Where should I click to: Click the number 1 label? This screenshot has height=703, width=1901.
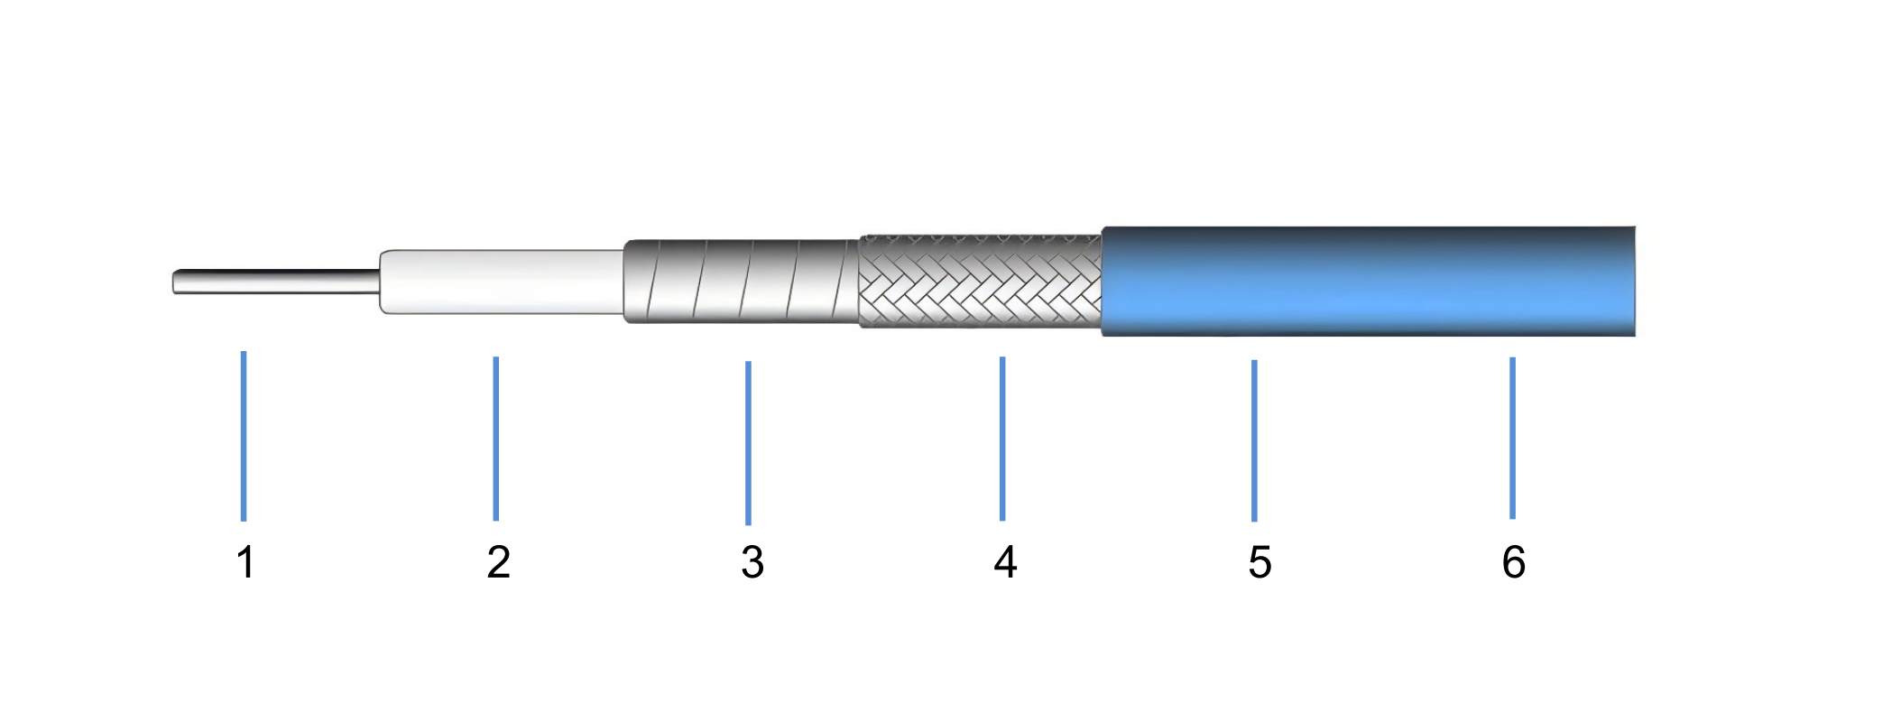click(x=245, y=562)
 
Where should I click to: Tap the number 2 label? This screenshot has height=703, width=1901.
click(x=499, y=562)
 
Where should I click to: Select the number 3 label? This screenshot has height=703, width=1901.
click(x=752, y=562)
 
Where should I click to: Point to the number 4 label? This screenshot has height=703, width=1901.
click(x=1005, y=562)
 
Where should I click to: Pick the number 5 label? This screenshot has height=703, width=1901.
click(x=1260, y=562)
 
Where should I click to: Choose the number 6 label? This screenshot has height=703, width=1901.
click(x=1514, y=562)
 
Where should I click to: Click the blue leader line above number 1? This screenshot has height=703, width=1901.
click(x=244, y=436)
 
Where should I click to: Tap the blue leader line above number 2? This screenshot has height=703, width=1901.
click(x=496, y=439)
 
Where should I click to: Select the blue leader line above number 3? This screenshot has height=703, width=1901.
click(x=748, y=443)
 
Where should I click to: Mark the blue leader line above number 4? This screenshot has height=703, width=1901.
click(x=1002, y=439)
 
